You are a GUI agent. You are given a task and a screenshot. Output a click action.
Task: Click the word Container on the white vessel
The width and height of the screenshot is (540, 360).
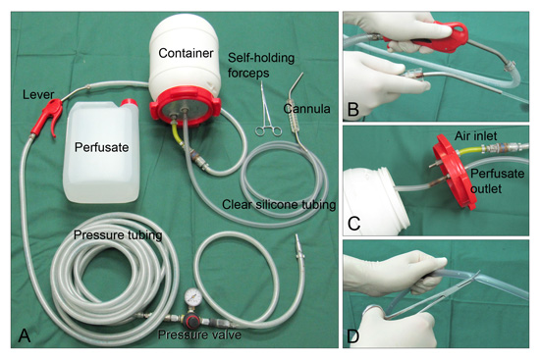(x=186, y=53)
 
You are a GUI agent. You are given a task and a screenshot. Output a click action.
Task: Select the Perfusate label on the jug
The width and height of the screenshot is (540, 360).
(x=101, y=147)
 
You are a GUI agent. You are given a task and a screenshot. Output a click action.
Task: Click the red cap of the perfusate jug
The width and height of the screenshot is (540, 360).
(x=129, y=103)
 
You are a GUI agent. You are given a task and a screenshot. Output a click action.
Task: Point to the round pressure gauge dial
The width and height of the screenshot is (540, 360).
(x=191, y=296)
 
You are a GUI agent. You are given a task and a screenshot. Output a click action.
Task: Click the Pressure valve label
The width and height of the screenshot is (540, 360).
(x=199, y=334)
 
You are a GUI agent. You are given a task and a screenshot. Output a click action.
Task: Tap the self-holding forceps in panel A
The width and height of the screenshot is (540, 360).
(x=267, y=109)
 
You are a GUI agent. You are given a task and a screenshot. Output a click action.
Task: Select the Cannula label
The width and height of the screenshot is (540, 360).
(x=306, y=109)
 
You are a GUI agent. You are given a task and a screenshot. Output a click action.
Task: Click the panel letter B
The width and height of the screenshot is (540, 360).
(x=353, y=110)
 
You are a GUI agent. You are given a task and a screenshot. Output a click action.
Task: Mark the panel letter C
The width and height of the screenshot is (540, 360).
(x=354, y=224)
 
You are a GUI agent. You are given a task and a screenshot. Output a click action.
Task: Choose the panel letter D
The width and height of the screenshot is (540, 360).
(x=353, y=336)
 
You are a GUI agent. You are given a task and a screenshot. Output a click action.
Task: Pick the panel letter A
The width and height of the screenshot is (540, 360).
(x=25, y=335)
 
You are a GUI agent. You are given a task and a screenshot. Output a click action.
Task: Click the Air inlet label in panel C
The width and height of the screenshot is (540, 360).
(x=475, y=136)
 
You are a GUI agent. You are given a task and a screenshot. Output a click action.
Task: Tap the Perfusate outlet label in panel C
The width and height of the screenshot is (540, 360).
(x=497, y=180)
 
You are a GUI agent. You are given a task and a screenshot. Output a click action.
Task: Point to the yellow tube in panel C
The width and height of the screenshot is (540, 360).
(x=469, y=150)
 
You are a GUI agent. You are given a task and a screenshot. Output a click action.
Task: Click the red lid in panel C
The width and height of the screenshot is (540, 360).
(x=454, y=172)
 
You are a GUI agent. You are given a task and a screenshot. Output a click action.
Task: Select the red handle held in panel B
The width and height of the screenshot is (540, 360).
(x=429, y=36)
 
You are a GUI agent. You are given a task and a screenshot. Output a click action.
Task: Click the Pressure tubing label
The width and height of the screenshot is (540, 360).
(x=118, y=235)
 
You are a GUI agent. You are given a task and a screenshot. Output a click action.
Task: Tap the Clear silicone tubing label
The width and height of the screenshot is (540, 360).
(x=279, y=204)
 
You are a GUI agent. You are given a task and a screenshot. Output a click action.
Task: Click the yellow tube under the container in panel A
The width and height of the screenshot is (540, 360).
(x=176, y=133)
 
